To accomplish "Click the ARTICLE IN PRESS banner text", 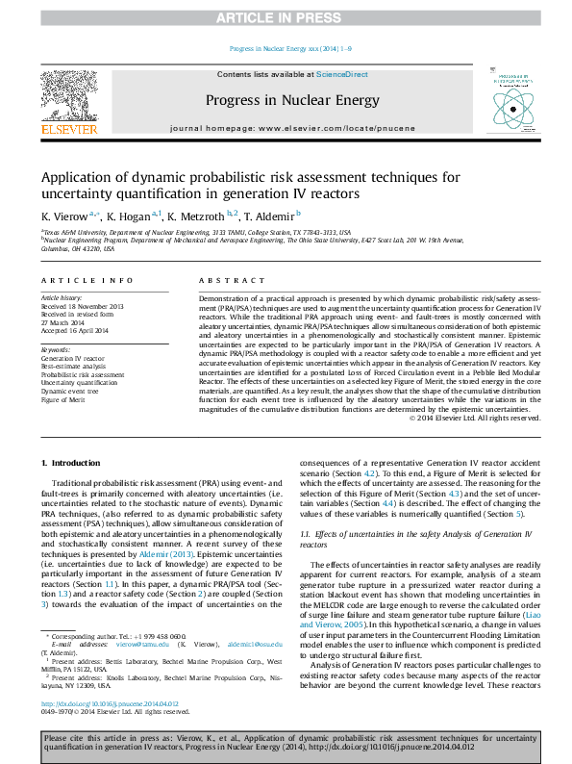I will coord(286,18).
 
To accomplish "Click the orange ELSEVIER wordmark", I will coord(68,128).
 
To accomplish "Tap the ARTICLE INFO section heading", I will coord(87,280).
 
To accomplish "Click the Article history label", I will coord(62,298).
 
